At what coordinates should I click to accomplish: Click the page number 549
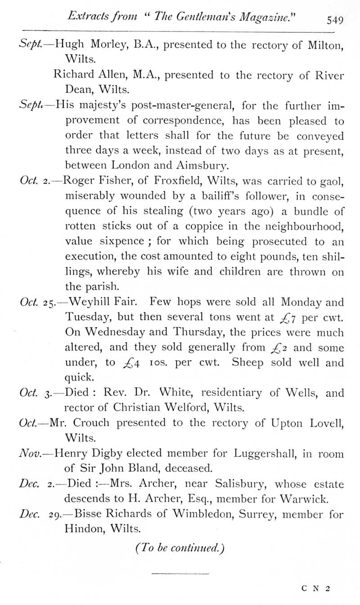[x=335, y=20]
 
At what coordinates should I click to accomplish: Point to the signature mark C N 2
[x=316, y=587]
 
